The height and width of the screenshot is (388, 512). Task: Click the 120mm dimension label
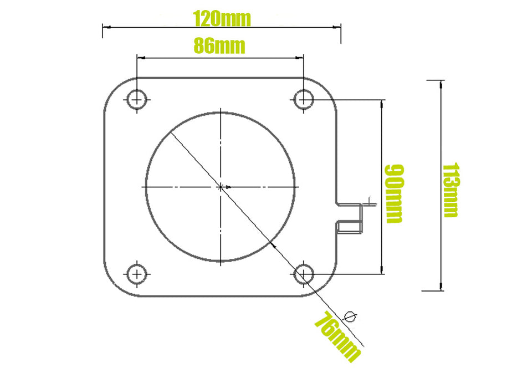click(x=222, y=19)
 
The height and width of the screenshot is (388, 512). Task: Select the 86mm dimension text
click(x=219, y=45)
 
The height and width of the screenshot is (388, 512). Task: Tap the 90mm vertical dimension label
click(x=393, y=193)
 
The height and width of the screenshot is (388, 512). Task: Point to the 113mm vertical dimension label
click(x=450, y=190)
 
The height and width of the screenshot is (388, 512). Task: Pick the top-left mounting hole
click(x=136, y=100)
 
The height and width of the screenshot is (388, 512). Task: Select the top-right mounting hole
click(x=303, y=100)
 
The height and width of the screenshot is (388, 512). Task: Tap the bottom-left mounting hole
click(x=136, y=274)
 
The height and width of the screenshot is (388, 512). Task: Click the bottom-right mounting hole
click(x=303, y=274)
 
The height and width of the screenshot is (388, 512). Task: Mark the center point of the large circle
click(x=221, y=187)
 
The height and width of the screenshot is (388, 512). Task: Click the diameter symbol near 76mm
click(x=350, y=316)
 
